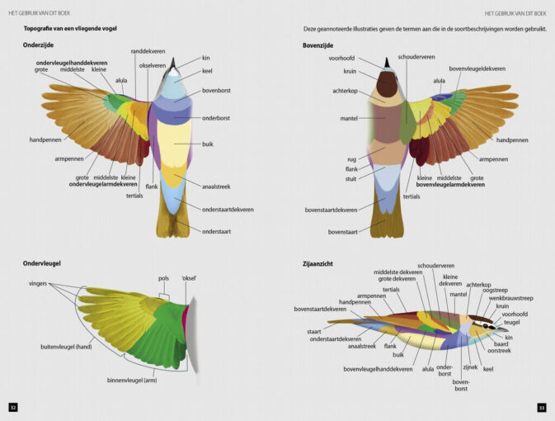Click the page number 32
pyautogui.click(x=12, y=407)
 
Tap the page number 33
pyautogui.click(x=542, y=407)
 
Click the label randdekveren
pyautogui.click(x=147, y=51)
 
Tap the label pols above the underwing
pyautogui.click(x=163, y=278)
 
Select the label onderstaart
pyautogui.click(x=216, y=231)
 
